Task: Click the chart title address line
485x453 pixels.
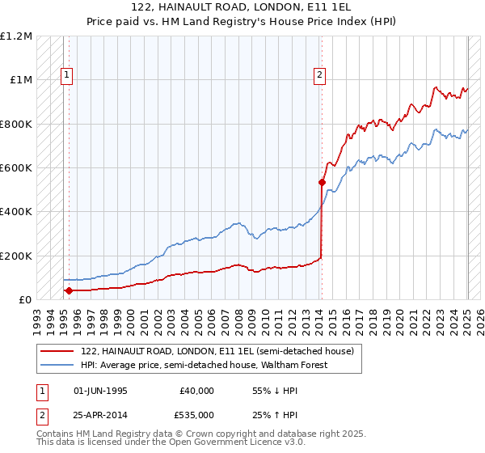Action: tap(242, 6)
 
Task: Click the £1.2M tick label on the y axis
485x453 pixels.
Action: tap(16, 36)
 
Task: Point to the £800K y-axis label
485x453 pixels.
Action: tap(16, 124)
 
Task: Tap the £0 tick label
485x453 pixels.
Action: tap(24, 299)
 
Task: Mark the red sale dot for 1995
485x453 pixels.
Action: tap(69, 290)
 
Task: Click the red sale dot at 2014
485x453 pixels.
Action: tap(322, 182)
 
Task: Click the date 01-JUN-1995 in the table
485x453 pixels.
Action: tap(100, 390)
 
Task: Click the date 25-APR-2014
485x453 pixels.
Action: tap(100, 416)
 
